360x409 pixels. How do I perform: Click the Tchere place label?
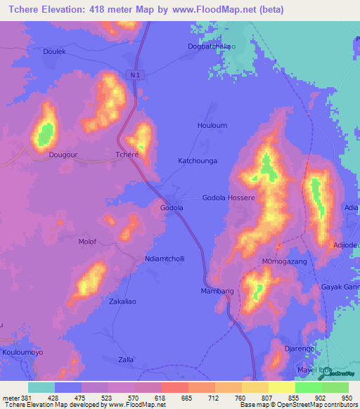[x=127, y=155]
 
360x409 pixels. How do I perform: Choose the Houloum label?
[x=212, y=126]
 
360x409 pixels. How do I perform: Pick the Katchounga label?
[x=198, y=161]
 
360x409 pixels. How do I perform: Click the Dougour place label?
[x=63, y=155]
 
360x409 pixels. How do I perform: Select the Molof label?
[x=87, y=242]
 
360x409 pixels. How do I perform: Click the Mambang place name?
[x=217, y=291]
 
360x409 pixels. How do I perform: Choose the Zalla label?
[x=127, y=359]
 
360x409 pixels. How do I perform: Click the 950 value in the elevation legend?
[x=345, y=397]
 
